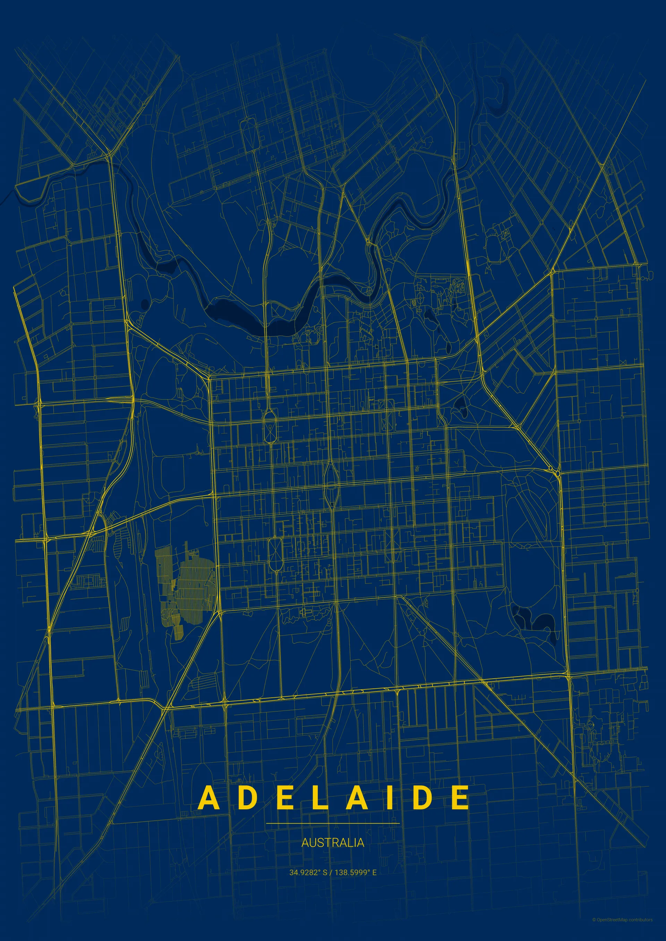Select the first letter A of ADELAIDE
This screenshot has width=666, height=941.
pos(209,798)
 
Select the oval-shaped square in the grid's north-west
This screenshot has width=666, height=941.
pos(270,426)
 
